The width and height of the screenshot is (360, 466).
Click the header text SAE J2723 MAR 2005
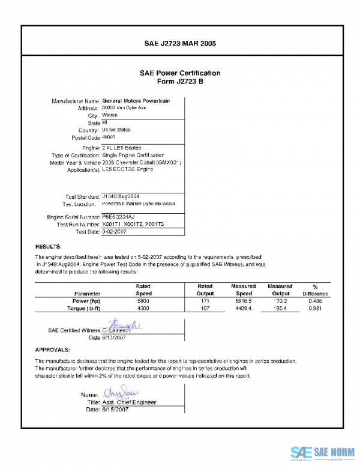[x=180, y=44]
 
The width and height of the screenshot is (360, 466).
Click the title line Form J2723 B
[x=180, y=81]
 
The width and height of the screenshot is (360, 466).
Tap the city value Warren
[x=110, y=115]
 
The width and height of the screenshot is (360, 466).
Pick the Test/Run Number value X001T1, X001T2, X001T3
[x=133, y=223]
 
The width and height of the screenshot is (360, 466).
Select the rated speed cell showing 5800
[x=143, y=300]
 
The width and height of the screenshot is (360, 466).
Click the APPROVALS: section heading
[x=53, y=349]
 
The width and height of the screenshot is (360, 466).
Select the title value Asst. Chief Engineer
[x=129, y=402]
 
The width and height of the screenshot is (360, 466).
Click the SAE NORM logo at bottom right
[x=322, y=452]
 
